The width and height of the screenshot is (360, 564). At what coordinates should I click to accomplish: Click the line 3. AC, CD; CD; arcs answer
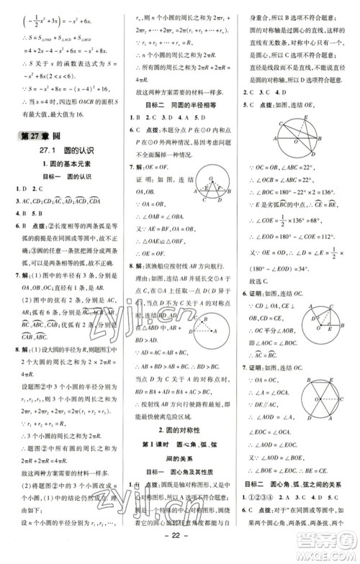61,201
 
